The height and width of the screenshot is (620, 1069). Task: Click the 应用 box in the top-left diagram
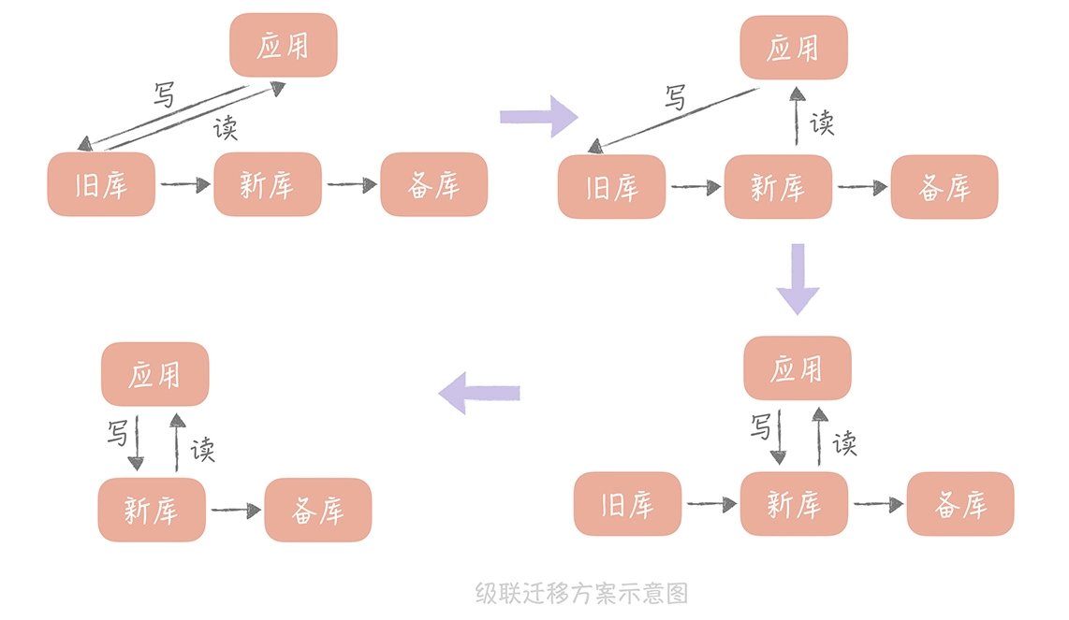pos(283,45)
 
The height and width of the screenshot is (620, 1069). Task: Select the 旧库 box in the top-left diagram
pos(101,184)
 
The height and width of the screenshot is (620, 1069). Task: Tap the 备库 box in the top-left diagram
pos(433,184)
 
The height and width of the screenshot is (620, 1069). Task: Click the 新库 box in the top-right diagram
pos(777,187)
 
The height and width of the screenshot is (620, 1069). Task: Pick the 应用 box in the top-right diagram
pos(793,48)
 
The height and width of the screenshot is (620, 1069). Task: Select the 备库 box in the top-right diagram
pos(944,187)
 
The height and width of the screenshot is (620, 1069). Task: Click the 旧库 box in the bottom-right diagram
pos(627,504)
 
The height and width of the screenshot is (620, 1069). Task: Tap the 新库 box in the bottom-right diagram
pos(793,504)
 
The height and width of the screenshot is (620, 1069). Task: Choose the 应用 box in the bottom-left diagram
pos(154,374)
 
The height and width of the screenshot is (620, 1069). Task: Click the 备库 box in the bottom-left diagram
pos(317,510)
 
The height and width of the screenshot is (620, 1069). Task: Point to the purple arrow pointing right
pos(538,116)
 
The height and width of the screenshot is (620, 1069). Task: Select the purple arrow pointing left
pos(479,392)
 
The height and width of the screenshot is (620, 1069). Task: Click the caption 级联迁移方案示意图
pos(581,593)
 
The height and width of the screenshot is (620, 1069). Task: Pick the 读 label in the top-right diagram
pos(822,123)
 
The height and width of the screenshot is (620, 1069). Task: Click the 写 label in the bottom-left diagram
pos(117,432)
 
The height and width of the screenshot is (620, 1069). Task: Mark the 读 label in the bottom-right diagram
pos(844,442)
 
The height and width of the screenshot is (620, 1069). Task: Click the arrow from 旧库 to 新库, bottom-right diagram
pos(711,505)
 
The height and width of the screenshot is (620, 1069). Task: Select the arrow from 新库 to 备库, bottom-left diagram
pos(235,511)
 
